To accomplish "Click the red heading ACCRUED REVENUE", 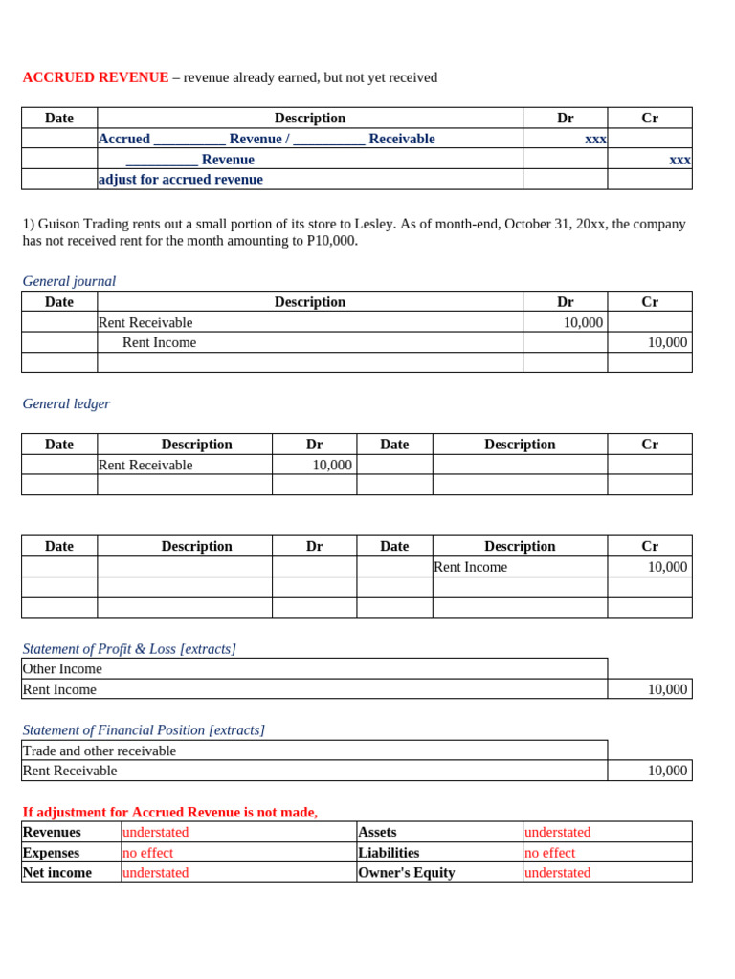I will tap(96, 77).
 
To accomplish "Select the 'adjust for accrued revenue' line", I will tap(181, 180).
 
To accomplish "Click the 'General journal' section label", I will tap(69, 281).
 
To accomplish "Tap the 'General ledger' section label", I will tap(66, 403).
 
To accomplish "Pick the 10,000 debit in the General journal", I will tap(583, 323).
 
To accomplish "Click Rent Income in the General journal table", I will tap(159, 342).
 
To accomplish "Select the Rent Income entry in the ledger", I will tap(471, 567).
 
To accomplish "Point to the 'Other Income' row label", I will tap(62, 669).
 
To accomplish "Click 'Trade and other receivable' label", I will tap(100, 751).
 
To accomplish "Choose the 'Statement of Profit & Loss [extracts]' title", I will tap(129, 649).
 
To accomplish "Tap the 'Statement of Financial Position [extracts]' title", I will tap(144, 730).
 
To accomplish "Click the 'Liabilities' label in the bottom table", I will tap(389, 853).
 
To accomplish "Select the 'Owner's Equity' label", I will tap(407, 873).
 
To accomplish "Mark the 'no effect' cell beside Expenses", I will tap(148, 853).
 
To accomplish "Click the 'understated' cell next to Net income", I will tap(156, 873).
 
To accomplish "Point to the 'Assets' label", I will tap(377, 833).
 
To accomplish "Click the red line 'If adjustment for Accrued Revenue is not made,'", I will tap(170, 813).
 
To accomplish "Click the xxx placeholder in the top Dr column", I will tap(595, 140).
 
